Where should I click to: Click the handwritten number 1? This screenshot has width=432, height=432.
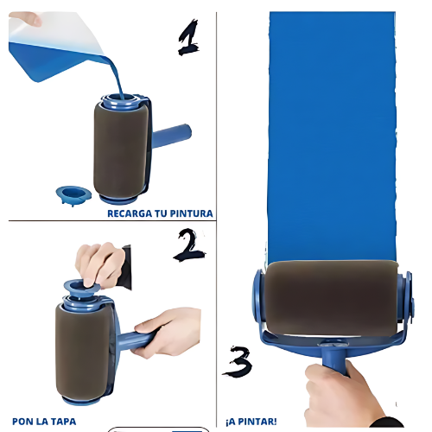188,37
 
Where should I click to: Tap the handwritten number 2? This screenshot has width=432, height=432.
188,245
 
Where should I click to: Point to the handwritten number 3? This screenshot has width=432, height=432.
238,362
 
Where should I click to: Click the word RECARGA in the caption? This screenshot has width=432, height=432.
130,213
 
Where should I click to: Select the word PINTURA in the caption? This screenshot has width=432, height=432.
191,213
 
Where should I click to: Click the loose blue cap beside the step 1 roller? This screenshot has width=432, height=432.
73,195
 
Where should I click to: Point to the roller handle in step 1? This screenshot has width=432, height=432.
171,136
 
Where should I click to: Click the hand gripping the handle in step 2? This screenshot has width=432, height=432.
167,331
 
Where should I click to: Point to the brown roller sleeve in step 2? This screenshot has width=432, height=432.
83,352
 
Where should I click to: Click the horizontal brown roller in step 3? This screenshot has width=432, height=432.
331,298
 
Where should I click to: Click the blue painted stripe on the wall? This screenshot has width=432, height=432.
332,137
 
